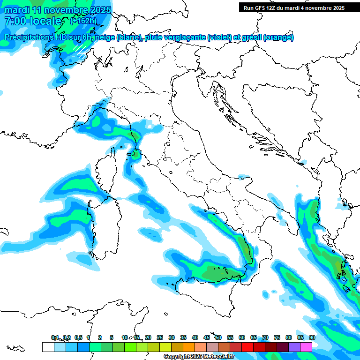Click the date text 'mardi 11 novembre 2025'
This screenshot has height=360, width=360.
58,10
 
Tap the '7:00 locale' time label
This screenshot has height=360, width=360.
33,21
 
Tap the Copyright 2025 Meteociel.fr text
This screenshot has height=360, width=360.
199,356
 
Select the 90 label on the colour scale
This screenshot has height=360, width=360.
312,337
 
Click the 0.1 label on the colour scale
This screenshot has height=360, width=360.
55,337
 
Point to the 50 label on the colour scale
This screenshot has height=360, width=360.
218,337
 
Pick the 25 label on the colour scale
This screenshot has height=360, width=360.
160,337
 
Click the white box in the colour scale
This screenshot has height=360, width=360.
48,347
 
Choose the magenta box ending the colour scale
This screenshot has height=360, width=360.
306,347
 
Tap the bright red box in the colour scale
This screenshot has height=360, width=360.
247,347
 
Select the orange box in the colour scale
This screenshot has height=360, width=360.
189,347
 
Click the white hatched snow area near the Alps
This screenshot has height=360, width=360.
81,50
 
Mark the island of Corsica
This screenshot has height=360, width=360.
105,173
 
